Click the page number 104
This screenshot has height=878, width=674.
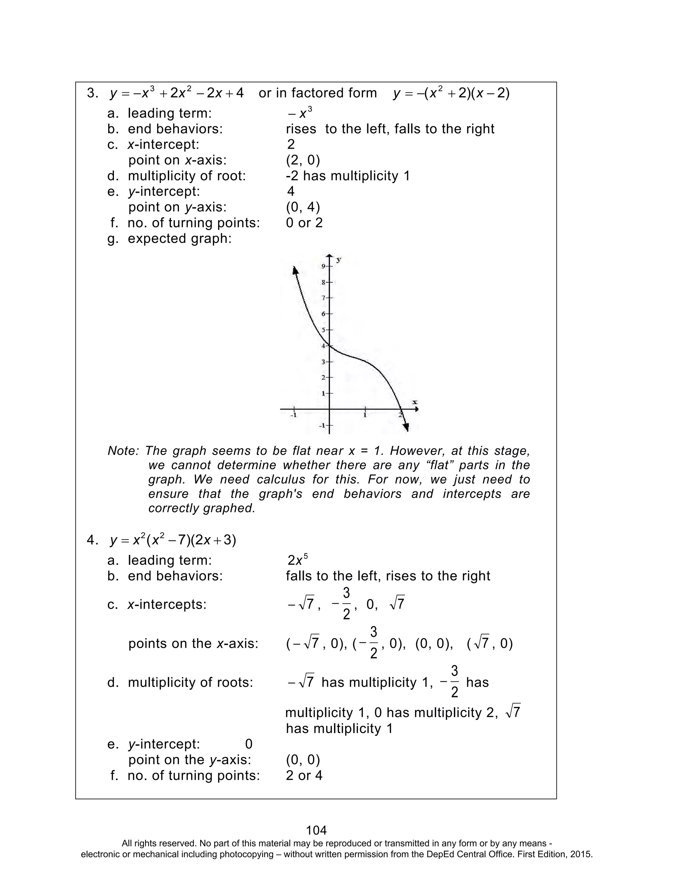pyautogui.click(x=316, y=830)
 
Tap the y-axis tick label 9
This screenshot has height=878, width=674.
pyautogui.click(x=324, y=266)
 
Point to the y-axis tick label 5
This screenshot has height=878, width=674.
pyautogui.click(x=324, y=330)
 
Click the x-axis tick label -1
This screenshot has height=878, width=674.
pyautogui.click(x=294, y=415)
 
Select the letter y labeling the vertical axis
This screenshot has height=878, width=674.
pyautogui.click(x=339, y=260)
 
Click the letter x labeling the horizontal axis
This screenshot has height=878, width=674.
pyautogui.click(x=415, y=402)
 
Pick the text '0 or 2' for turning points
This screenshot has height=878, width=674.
pyautogui.click(x=304, y=223)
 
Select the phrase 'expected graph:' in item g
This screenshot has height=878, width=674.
pyautogui.click(x=179, y=238)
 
